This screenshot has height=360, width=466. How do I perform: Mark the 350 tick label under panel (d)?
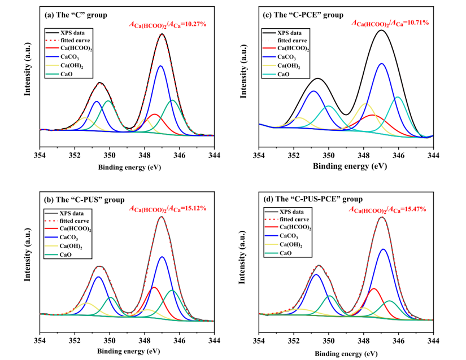click(x=328, y=340)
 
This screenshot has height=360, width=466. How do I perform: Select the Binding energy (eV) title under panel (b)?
click(x=127, y=352)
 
